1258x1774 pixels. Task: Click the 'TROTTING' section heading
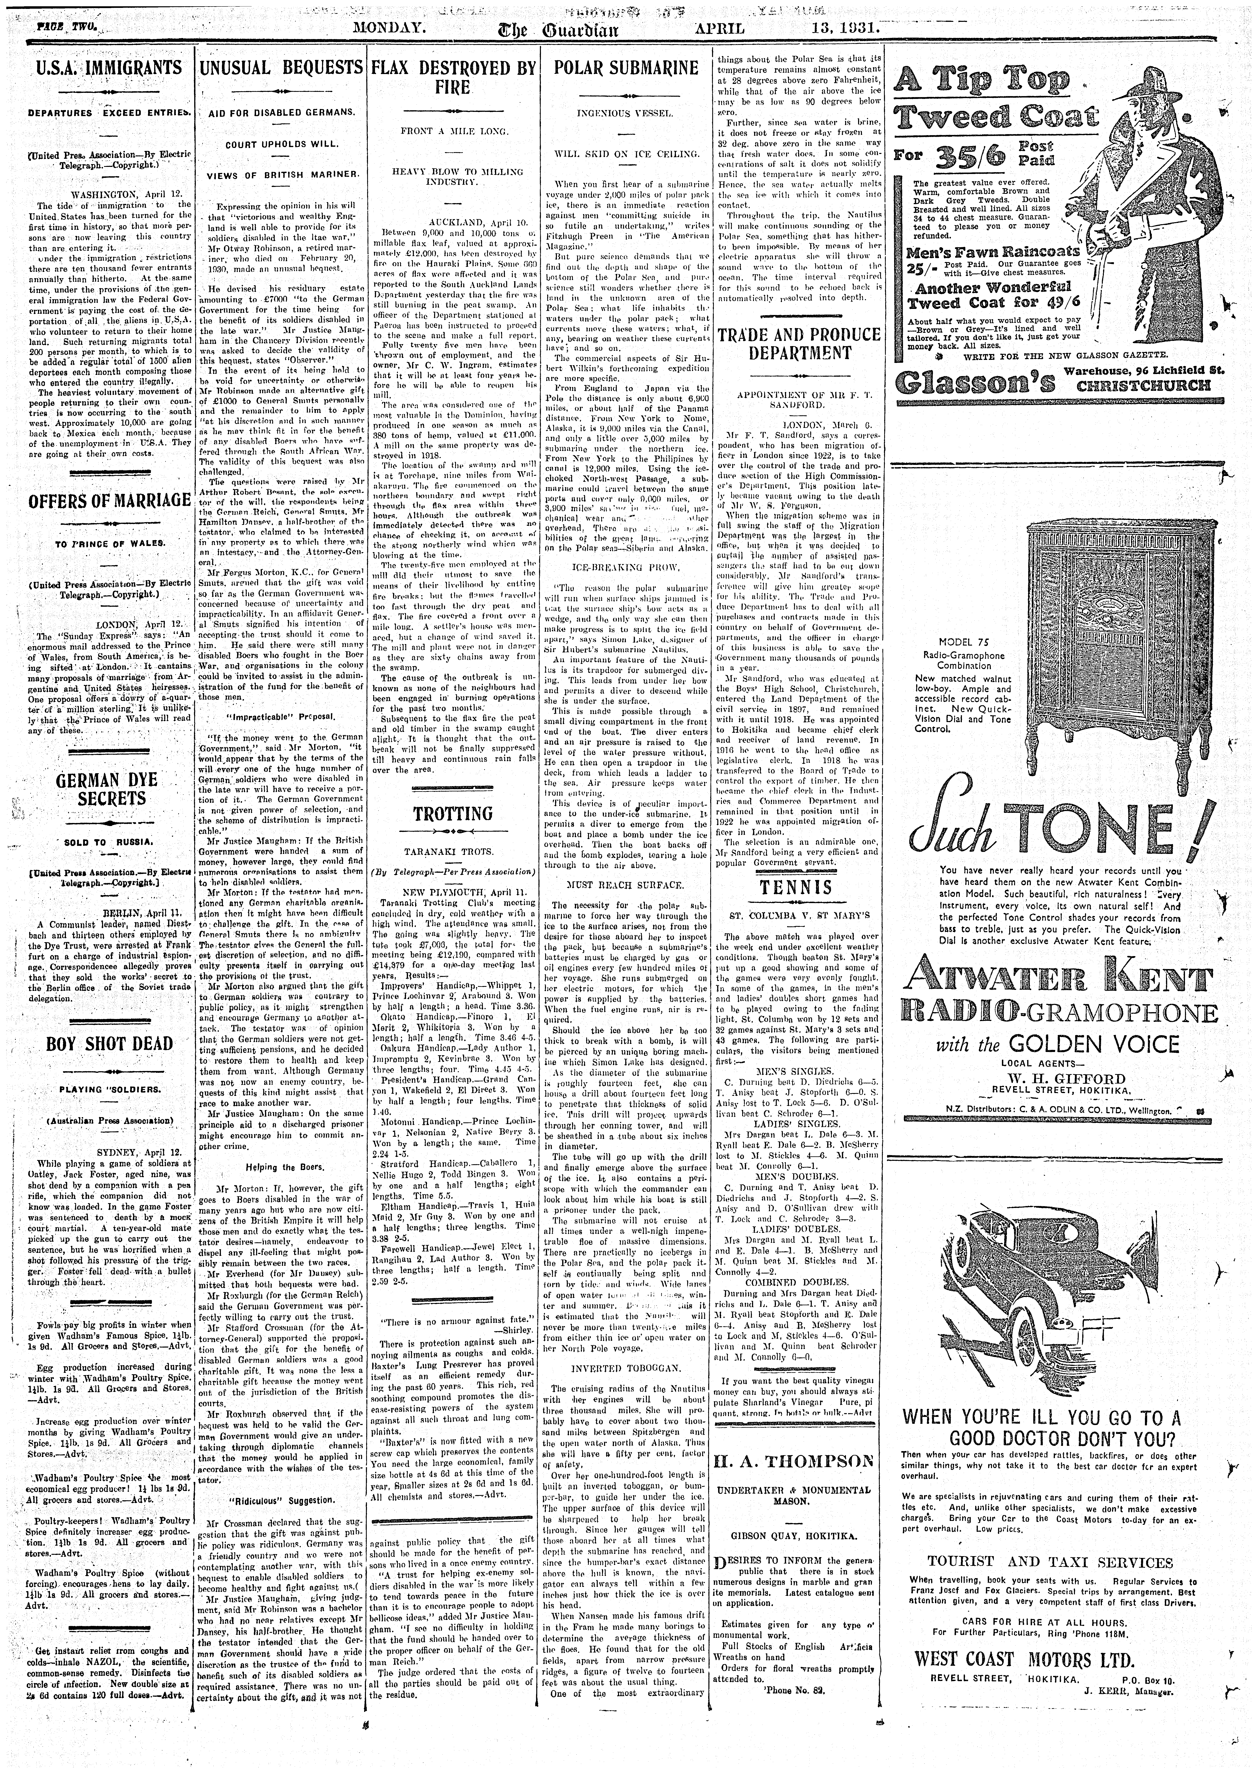click(x=452, y=813)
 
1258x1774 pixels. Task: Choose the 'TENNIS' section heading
click(x=796, y=886)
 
